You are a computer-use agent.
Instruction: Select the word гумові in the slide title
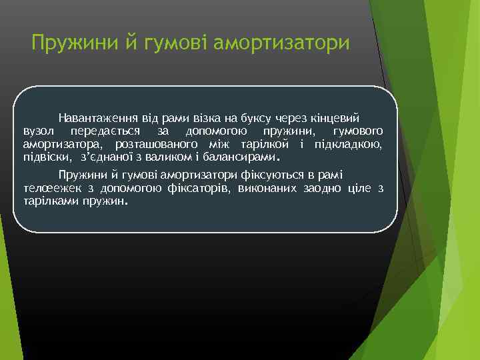click(x=173, y=44)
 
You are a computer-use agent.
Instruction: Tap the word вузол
click(x=37, y=129)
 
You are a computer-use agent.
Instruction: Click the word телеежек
click(x=44, y=189)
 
